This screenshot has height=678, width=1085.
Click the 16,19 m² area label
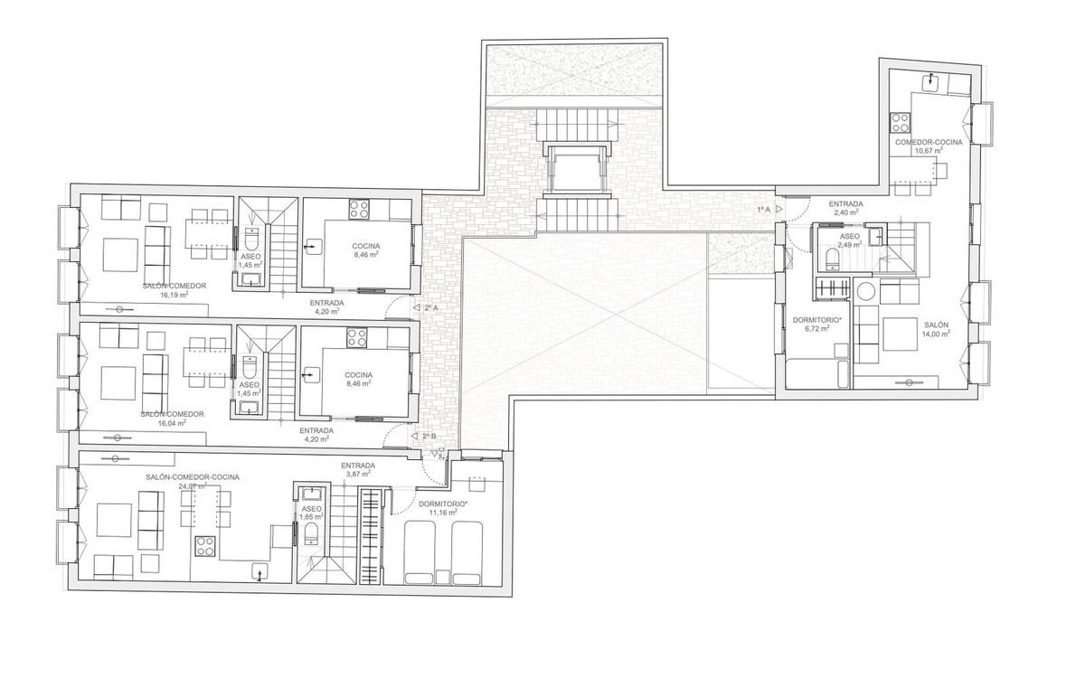[x=174, y=294]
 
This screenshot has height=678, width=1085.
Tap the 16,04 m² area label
[x=172, y=423]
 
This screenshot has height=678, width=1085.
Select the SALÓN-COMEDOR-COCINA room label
[x=193, y=477]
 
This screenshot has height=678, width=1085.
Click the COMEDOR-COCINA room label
[x=929, y=143]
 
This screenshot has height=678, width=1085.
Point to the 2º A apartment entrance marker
[x=426, y=307]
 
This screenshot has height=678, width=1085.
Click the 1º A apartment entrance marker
[x=769, y=209]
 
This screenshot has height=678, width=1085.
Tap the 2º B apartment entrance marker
[x=423, y=437]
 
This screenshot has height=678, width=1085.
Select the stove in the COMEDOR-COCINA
[x=900, y=123]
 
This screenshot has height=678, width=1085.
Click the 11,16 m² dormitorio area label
[x=443, y=513]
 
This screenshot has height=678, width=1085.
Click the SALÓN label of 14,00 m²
[x=936, y=325]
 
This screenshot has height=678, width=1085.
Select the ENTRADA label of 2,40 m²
[x=845, y=204]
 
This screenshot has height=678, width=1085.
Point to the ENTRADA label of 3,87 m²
[x=358, y=466]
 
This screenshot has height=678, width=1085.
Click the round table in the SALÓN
[x=865, y=292]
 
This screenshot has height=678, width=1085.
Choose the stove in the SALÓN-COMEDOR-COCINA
[x=205, y=546]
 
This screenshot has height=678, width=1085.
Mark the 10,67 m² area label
[x=929, y=151]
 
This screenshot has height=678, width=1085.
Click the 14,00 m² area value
[x=936, y=334]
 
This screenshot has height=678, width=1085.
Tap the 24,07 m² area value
[x=193, y=485]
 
